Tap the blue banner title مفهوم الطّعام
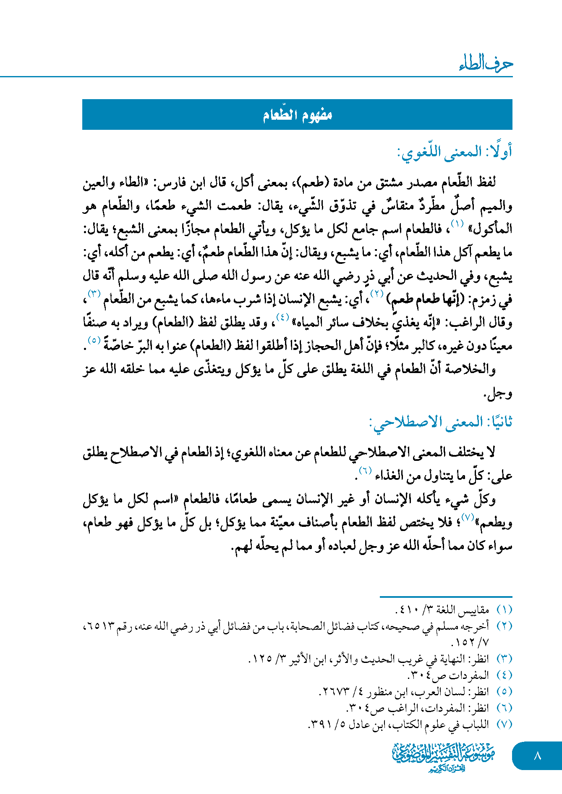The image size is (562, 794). pos(297,115)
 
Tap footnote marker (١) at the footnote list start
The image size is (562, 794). pos(504,609)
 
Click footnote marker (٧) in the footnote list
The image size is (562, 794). pos(504,724)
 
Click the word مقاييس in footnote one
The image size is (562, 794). pos(472,609)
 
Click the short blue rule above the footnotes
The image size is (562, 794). pos(446,597)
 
